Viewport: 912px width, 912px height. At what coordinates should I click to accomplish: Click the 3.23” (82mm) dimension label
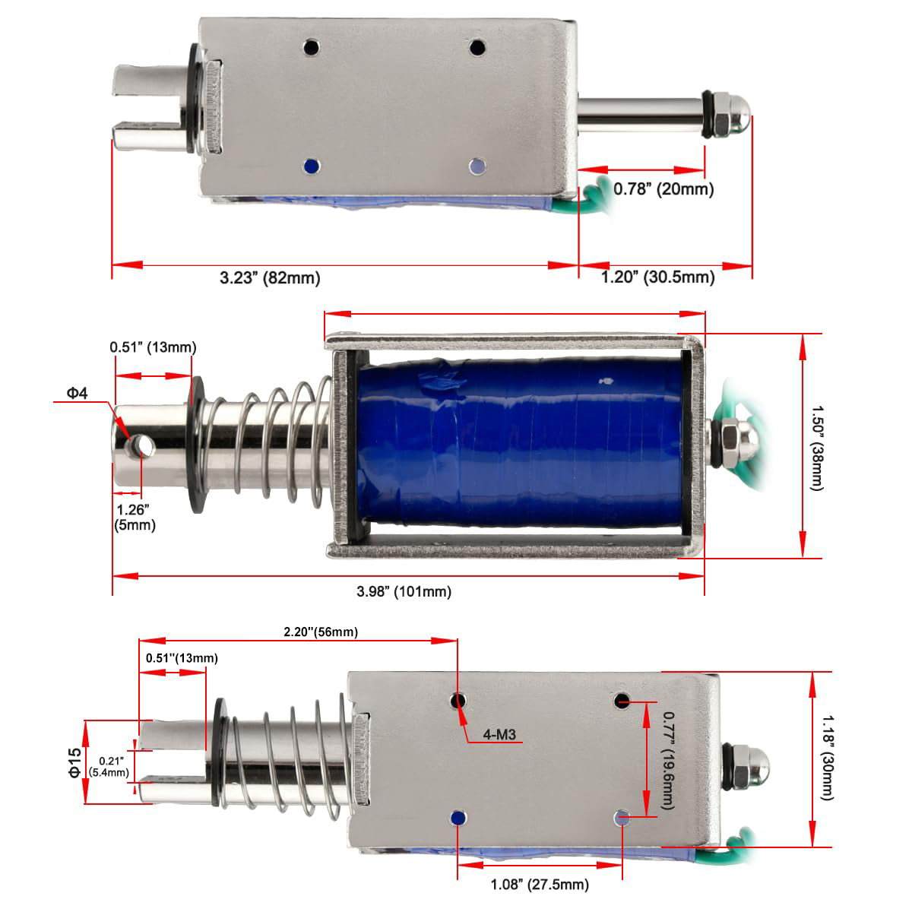(270, 278)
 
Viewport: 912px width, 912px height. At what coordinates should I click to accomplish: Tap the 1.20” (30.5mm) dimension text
(658, 277)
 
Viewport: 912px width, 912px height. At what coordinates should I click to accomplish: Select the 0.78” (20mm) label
(663, 189)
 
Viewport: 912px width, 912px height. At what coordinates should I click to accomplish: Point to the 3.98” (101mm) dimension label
(404, 591)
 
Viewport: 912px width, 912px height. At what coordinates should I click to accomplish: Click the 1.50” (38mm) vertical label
(818, 448)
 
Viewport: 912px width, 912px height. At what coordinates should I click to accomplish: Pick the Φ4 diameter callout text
(78, 393)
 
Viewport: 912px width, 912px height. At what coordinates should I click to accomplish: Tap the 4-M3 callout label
(499, 734)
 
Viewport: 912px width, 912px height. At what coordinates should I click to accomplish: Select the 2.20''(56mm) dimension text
(321, 632)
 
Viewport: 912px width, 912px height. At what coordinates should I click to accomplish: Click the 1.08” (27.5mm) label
(540, 885)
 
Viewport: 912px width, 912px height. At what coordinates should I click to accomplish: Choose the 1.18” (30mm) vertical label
(828, 758)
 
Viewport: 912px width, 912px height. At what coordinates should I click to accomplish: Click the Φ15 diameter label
(74, 763)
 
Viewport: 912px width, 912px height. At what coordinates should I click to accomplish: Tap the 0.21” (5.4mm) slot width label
(109, 767)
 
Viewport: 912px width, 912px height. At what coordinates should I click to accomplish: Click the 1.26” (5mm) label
(135, 518)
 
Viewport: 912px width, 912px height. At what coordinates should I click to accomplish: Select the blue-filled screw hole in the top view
(312, 166)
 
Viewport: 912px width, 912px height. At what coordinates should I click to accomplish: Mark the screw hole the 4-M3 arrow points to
(458, 700)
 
